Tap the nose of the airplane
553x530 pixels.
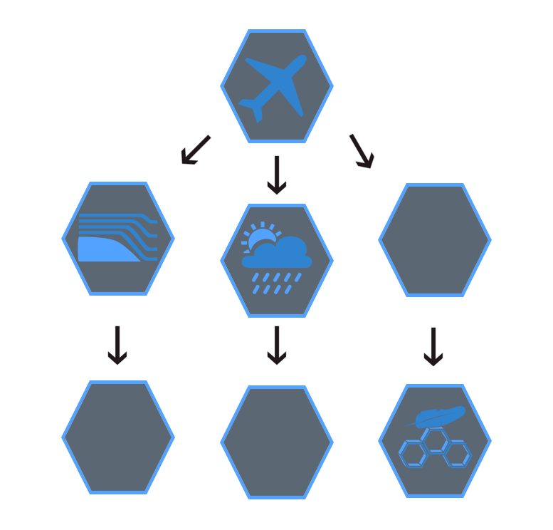coord(302,59)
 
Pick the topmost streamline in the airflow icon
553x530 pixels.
coord(114,216)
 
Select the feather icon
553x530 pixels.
coord(437,416)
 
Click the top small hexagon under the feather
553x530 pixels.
coord(434,440)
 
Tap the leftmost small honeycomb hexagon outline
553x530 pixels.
coord(412,454)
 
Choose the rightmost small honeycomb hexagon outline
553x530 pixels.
coord(457,454)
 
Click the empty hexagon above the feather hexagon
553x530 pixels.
coord(435,240)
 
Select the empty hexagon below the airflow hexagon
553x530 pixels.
coord(118,437)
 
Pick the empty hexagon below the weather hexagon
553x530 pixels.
coord(277,442)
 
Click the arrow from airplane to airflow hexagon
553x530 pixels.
coord(195,150)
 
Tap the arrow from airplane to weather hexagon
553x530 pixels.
coord(276,175)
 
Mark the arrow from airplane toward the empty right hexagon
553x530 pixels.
coord(362,151)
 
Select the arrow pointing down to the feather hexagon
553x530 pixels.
coord(433,346)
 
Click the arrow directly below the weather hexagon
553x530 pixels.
coord(276,345)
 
